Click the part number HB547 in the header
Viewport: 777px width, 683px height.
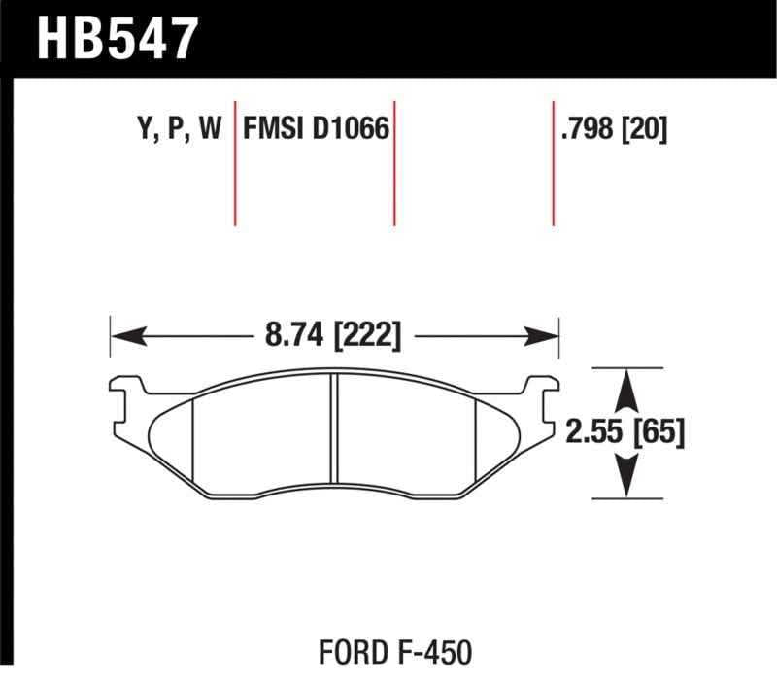[x=117, y=39]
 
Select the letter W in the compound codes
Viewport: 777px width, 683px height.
[x=211, y=129]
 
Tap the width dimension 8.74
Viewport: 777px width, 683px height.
[x=295, y=336]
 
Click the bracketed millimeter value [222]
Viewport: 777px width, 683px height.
[x=367, y=336]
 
